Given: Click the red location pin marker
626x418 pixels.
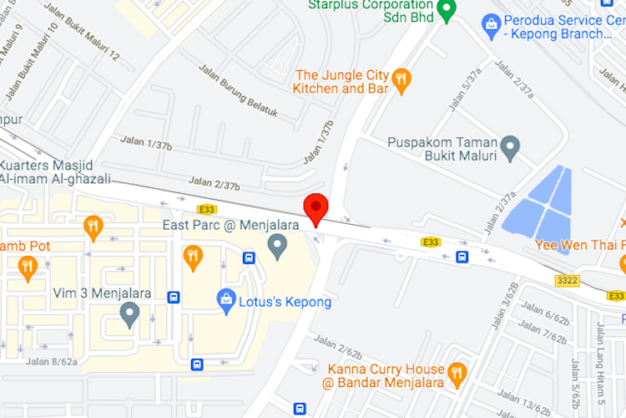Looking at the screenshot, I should click(x=315, y=206).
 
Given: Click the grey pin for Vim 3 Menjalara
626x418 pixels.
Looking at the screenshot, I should click(x=129, y=313).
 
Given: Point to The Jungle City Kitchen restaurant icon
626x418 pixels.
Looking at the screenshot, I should click(x=401, y=79).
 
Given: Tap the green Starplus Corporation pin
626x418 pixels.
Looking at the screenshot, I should click(x=446, y=10).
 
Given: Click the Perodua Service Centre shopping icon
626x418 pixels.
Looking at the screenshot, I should click(x=492, y=26).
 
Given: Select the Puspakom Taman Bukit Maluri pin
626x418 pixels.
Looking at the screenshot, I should click(x=509, y=149).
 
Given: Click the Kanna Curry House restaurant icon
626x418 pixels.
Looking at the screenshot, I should click(x=457, y=373).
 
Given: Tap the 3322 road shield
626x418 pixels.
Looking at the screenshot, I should click(x=567, y=281).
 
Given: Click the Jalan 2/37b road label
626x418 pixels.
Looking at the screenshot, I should click(x=215, y=182).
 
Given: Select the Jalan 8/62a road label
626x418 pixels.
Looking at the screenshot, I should click(x=52, y=361).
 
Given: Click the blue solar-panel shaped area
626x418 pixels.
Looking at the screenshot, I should click(x=538, y=203).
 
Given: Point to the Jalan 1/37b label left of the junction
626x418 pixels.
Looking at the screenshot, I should click(x=146, y=144).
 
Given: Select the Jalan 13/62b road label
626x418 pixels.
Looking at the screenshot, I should click(x=524, y=400).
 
